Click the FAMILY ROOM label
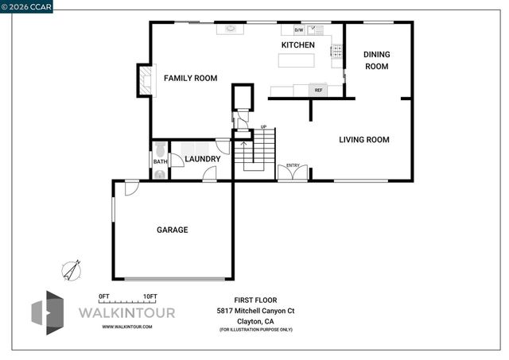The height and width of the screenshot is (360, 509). (x=190, y=78)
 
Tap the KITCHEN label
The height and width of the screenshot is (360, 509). (x=298, y=45)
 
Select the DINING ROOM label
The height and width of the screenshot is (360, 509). (x=376, y=60)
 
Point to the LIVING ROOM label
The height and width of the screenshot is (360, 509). (x=363, y=140)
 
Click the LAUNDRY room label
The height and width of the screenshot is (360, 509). (x=202, y=159)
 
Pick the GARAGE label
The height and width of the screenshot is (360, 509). (x=172, y=230)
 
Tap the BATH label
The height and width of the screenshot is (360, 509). (x=160, y=162)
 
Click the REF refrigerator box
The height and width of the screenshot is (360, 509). (x=318, y=90)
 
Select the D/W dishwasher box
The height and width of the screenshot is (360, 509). (x=299, y=30)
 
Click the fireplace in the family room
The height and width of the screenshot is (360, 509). (x=146, y=80)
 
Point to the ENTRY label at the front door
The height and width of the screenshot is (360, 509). (x=293, y=165)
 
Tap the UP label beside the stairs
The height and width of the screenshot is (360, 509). (x=263, y=127)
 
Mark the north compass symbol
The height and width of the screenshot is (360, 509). (x=72, y=270)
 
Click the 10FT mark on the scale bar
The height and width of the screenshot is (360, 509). (x=150, y=296)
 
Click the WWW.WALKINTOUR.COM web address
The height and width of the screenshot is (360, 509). (x=127, y=327)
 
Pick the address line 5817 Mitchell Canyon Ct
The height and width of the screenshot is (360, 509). (x=255, y=311)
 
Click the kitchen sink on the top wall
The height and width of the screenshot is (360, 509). (x=231, y=29)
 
